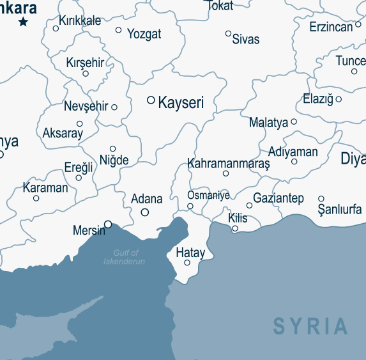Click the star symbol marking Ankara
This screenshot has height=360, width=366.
(x=24, y=22)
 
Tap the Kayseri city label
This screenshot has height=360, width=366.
(x=180, y=102)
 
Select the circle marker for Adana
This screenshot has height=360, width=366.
(x=145, y=212)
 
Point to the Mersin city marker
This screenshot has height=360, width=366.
(x=108, y=224)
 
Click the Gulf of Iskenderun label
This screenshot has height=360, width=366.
(x=125, y=257)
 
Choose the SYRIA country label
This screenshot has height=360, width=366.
(x=311, y=326)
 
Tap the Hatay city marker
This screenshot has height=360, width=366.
(x=187, y=263)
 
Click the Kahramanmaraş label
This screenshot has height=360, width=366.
(x=229, y=164)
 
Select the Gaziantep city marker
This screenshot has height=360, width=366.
(x=249, y=205)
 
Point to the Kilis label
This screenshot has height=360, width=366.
(x=238, y=218)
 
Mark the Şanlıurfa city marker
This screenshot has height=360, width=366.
(x=321, y=199)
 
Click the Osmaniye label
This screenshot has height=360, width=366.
(x=208, y=195)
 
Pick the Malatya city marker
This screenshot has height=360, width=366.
(x=294, y=121)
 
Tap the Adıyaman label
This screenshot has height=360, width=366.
(x=293, y=152)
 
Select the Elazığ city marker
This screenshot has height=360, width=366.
(x=339, y=99)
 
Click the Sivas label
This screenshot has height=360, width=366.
(x=246, y=40)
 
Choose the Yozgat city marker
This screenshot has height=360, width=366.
(x=118, y=30)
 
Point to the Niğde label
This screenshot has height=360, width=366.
(x=114, y=160)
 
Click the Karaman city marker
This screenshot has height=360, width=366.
(x=36, y=198)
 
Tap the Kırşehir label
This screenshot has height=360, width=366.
(x=85, y=63)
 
